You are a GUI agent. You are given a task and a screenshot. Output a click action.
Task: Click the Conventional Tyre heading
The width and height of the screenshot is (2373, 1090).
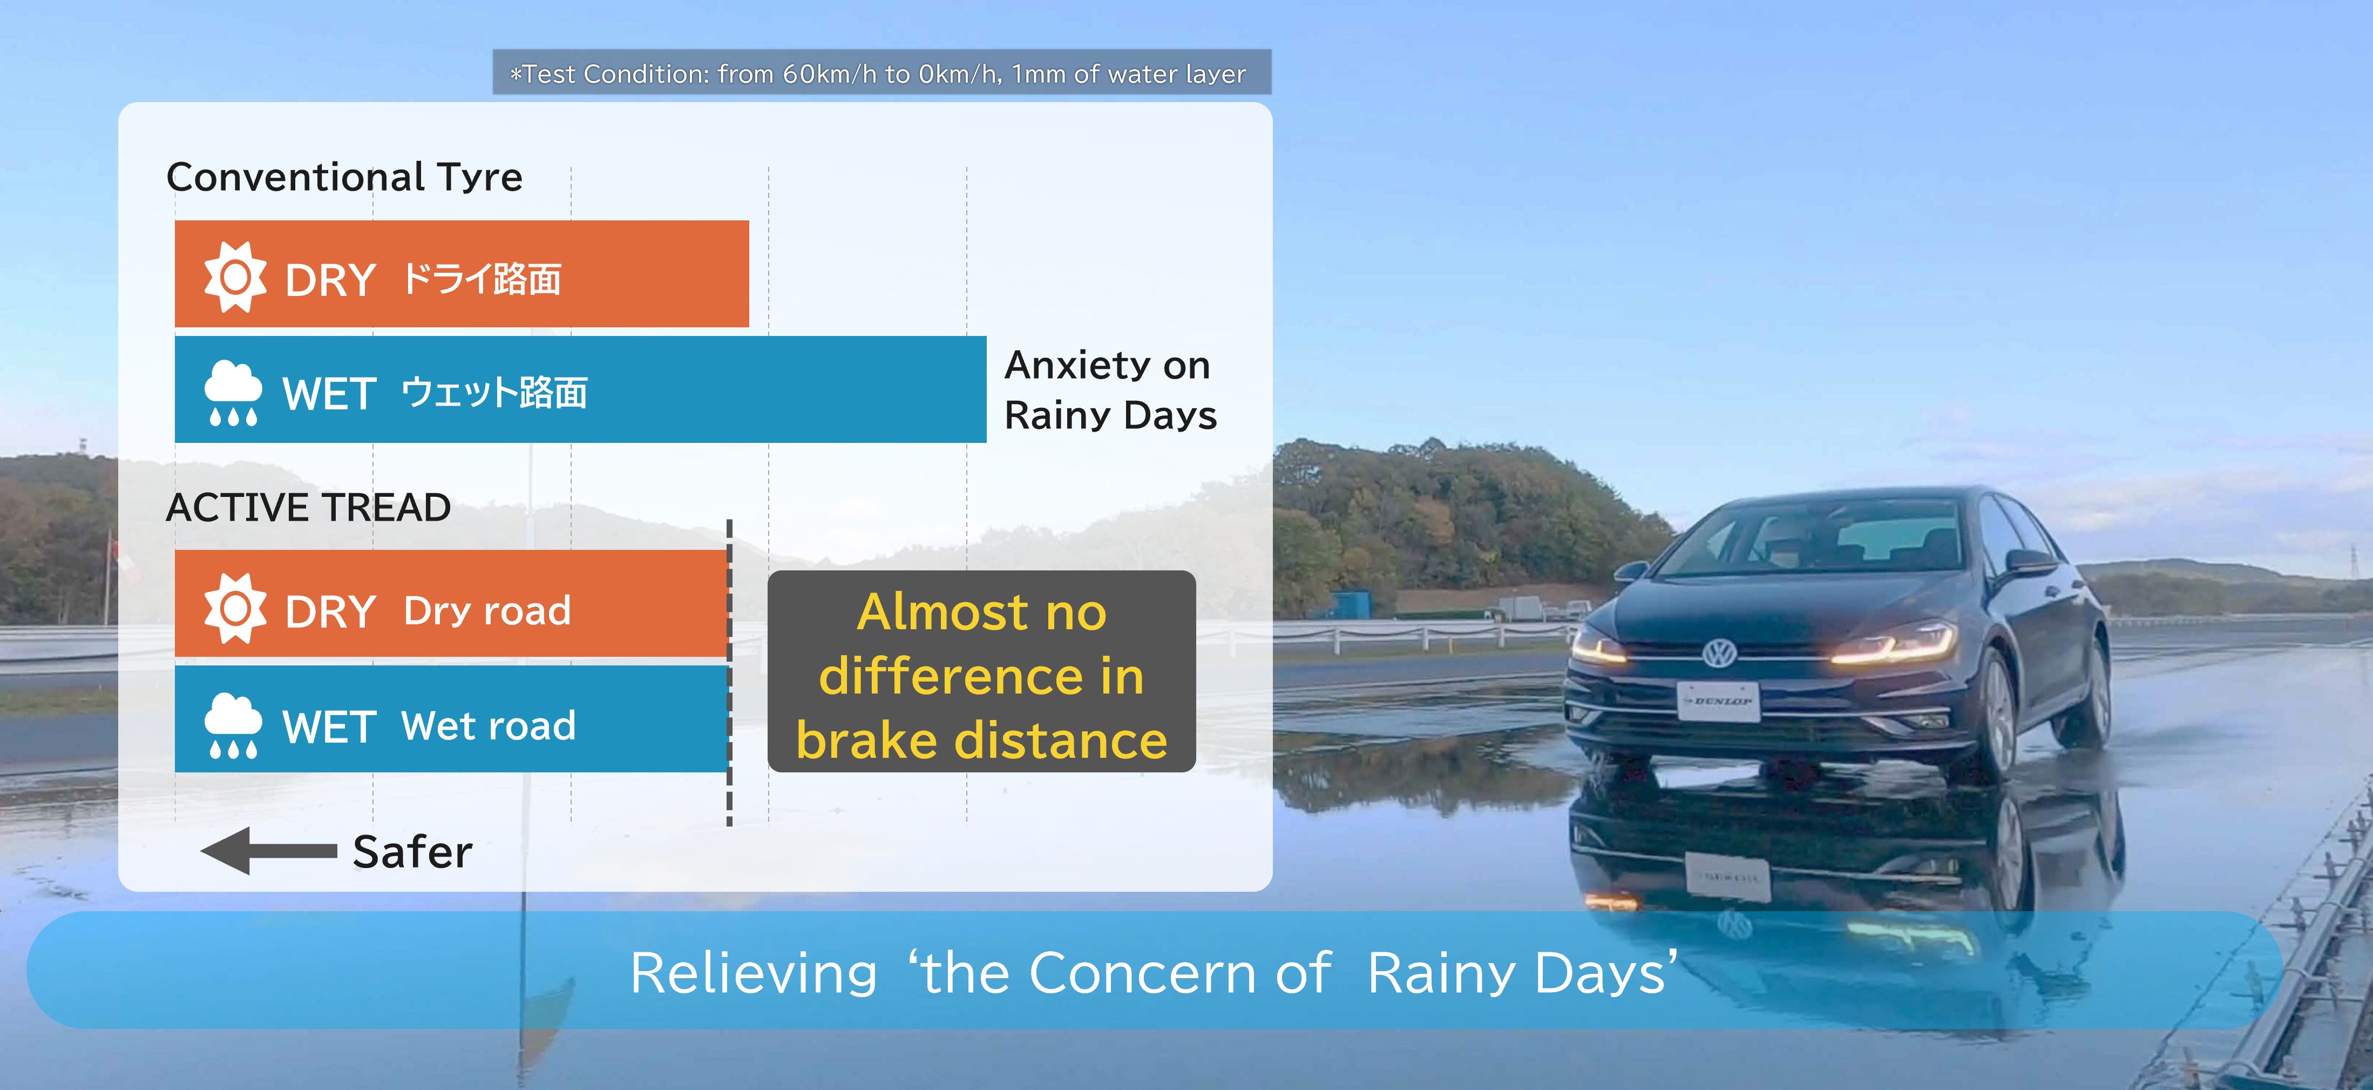point(344,177)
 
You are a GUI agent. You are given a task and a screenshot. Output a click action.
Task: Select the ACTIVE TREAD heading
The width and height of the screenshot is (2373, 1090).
point(309,508)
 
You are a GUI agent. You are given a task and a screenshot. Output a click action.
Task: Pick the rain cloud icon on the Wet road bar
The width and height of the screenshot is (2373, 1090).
point(233,725)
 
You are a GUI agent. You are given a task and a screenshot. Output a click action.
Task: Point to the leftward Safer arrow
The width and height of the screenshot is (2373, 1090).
point(269,850)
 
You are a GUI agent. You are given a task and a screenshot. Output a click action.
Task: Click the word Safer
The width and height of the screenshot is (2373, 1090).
point(413,851)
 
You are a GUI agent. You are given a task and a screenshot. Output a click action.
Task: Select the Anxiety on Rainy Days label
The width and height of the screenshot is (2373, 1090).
point(1110,390)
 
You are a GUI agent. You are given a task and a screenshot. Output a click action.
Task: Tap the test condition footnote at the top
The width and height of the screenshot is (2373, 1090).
point(879,73)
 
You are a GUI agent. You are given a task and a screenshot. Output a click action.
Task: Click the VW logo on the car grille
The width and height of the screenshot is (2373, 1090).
point(1719,653)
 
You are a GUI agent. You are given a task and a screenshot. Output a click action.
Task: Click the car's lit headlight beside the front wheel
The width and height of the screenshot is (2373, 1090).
point(1893,643)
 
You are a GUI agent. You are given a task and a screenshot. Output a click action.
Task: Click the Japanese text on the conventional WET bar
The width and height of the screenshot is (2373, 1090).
point(494,393)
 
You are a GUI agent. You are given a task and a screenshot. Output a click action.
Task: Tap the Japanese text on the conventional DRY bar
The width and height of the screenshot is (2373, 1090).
point(482,278)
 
